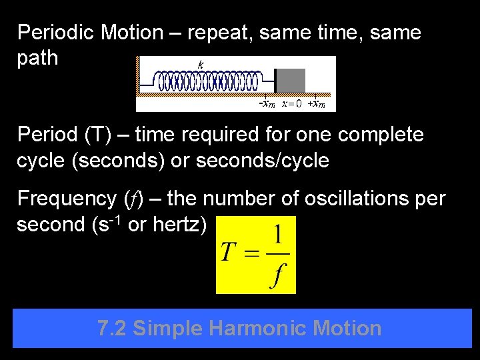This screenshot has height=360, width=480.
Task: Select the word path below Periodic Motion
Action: click(x=38, y=58)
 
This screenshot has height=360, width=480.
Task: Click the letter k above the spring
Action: click(x=201, y=65)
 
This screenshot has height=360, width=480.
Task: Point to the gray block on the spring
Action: click(x=291, y=81)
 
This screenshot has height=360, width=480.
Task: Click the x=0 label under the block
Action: click(x=291, y=103)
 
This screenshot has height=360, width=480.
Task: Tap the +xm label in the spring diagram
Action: click(x=316, y=103)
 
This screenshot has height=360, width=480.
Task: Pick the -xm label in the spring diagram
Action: click(x=267, y=103)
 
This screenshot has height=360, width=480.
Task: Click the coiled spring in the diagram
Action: click(x=207, y=81)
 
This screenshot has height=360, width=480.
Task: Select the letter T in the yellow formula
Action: click(x=229, y=252)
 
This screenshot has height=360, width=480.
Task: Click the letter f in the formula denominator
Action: click(x=275, y=274)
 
